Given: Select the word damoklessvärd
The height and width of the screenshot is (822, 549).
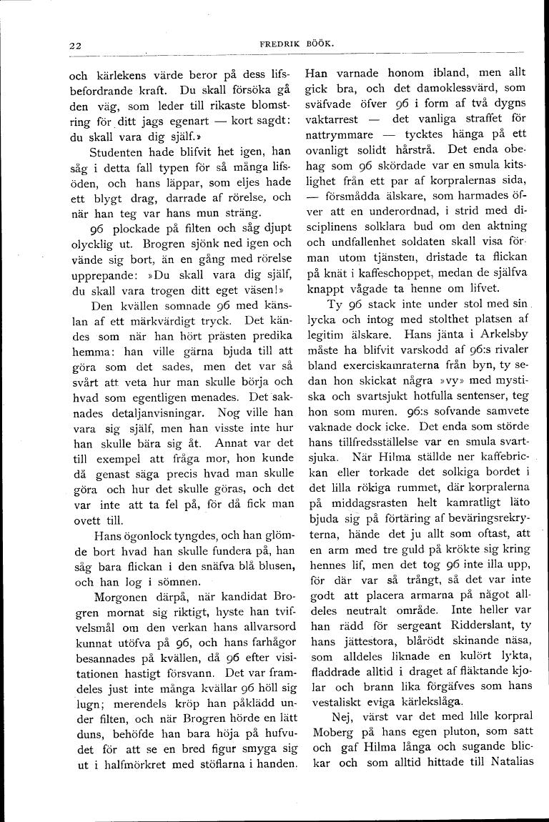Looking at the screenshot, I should [437, 89].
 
